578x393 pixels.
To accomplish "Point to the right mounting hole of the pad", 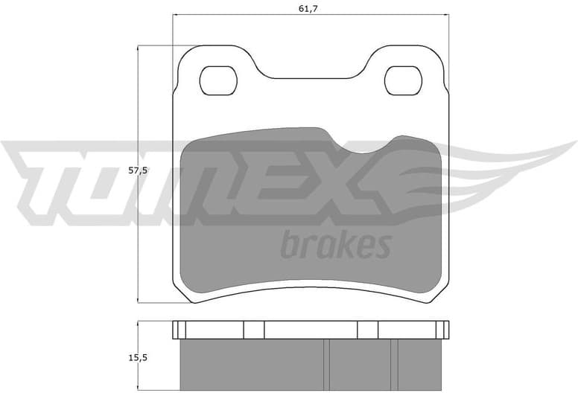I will [403, 80].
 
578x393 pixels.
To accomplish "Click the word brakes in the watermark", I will [335, 244].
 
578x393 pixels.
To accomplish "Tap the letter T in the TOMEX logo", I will [45, 179].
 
